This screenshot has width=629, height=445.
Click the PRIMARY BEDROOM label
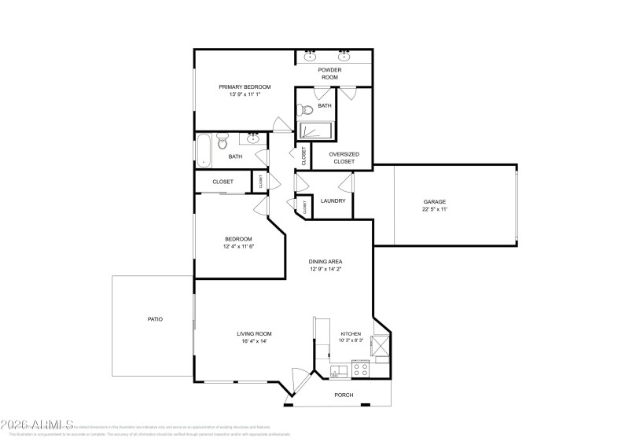245,86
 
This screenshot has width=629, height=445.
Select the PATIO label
155,319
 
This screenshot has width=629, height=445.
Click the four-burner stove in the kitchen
361,368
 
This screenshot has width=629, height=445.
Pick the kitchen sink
338,370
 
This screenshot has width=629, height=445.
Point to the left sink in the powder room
310,57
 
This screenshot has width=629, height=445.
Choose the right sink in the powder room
344,57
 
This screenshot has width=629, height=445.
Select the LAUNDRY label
333,200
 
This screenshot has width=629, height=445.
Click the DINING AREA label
325,261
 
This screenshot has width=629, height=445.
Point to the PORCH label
344,395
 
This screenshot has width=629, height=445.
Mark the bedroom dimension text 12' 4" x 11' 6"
238,246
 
